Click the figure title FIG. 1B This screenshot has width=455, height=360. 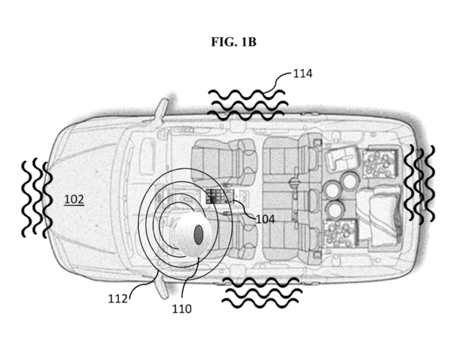(x=233, y=42)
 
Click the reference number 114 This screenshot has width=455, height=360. (x=303, y=73)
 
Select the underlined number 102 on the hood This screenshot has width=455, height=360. (x=73, y=199)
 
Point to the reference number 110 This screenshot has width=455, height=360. (x=181, y=309)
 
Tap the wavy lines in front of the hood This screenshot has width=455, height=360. (x=34, y=198)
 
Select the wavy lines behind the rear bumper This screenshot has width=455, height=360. (x=419, y=184)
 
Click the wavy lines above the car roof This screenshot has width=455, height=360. (x=247, y=104)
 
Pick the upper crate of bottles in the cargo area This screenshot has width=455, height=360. (x=377, y=164)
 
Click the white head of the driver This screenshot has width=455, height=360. (x=192, y=235)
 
